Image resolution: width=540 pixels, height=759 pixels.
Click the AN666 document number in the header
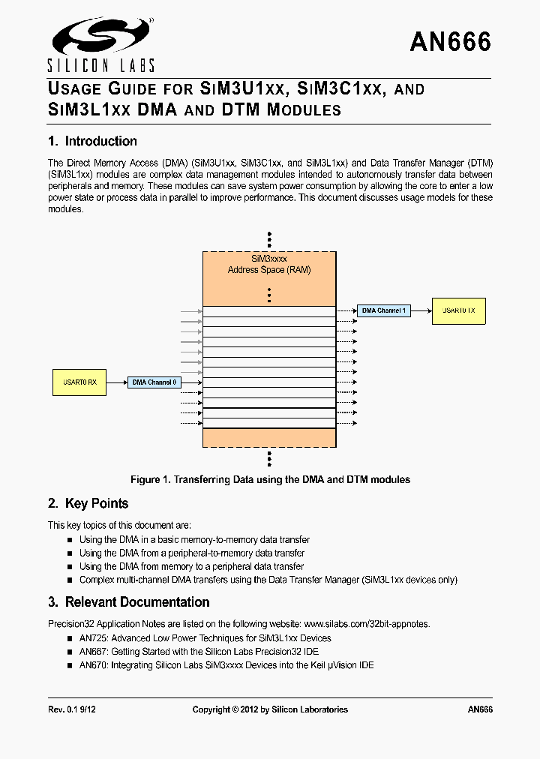[x=450, y=42]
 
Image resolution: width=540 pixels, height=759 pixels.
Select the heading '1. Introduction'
[x=92, y=141]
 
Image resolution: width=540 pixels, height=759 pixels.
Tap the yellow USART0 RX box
[x=79, y=382]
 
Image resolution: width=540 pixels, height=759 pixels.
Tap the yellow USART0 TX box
[x=458, y=310]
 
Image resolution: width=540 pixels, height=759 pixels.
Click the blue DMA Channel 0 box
[x=154, y=382]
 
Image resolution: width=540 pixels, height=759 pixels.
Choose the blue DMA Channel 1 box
[x=383, y=310]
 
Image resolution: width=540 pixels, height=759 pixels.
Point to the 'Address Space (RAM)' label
[x=269, y=270]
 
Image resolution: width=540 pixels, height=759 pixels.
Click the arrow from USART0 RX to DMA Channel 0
[x=116, y=382]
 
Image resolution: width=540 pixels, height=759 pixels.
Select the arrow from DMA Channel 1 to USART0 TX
[x=421, y=310]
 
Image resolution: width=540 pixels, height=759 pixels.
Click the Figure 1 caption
[x=270, y=479]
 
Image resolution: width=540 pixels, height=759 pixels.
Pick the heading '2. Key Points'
[x=88, y=503]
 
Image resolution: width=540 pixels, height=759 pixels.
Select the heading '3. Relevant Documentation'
[x=128, y=602]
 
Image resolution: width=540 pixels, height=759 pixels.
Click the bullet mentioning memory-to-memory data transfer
[x=194, y=540]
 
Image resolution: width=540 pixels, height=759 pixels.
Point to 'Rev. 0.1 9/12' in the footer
[x=71, y=709]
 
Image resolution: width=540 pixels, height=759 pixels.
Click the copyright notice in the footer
[x=270, y=709]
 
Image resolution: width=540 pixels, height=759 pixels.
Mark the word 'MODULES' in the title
[x=304, y=110]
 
